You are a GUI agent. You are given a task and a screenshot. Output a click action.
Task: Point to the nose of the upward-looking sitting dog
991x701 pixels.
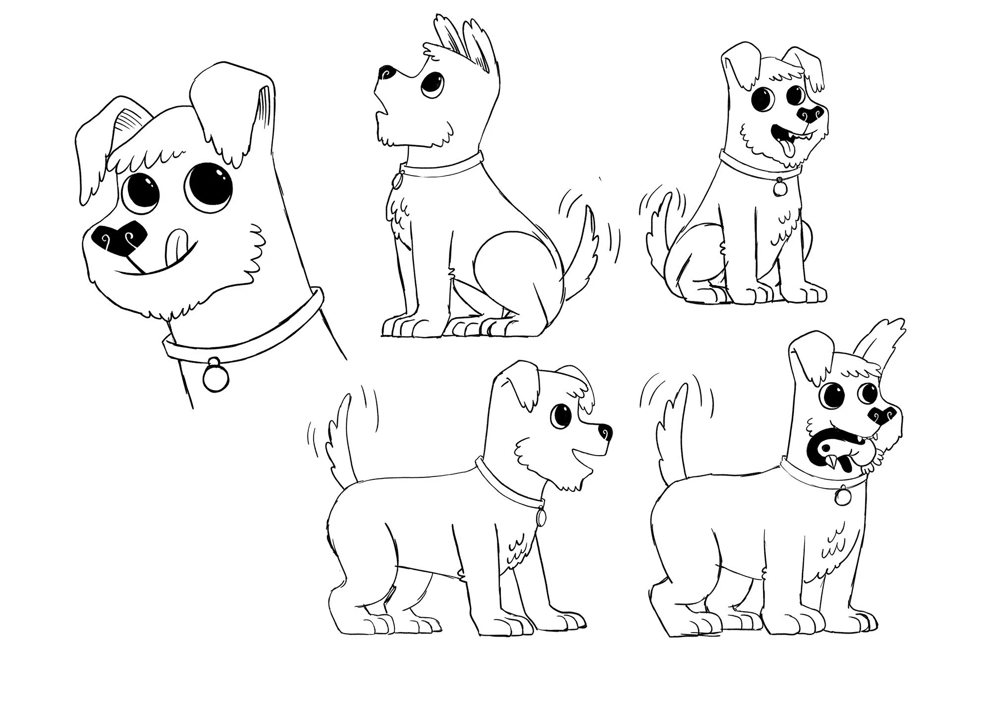[387, 73]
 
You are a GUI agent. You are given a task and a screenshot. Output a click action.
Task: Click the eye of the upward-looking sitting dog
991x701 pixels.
[434, 84]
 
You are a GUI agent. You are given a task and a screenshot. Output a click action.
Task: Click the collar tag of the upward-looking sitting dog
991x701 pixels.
[396, 181]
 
